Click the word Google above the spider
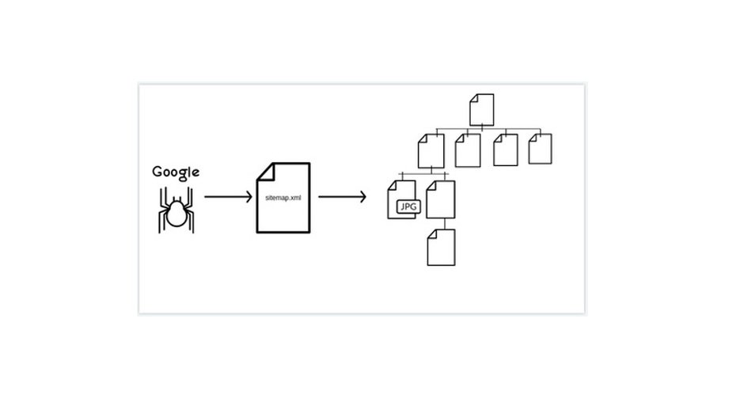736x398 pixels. pyautogui.click(x=176, y=172)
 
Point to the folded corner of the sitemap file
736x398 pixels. pyautogui.click(x=264, y=169)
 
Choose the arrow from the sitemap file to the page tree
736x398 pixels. pyautogui.click(x=342, y=195)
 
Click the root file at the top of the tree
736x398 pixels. pyautogui.click(x=482, y=109)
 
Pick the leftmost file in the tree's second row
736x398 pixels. pyautogui.click(x=431, y=150)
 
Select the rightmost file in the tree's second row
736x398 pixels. pyautogui.click(x=540, y=149)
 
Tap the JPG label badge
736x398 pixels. pyautogui.click(x=407, y=207)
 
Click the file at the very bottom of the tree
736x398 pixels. pyautogui.click(x=442, y=247)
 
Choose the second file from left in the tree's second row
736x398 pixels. pyautogui.click(x=468, y=150)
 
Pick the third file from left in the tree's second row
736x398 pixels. pyautogui.click(x=505, y=150)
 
